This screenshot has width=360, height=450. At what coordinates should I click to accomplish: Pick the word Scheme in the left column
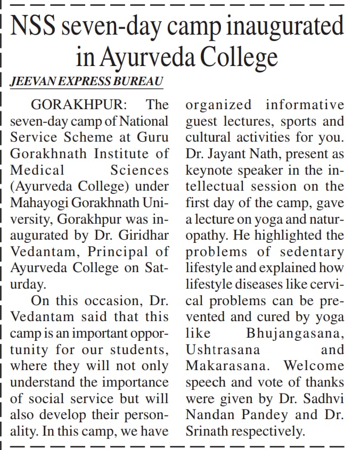click(88, 137)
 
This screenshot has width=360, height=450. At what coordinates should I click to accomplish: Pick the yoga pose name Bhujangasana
click(295, 333)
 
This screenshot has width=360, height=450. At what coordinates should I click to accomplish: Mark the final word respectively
click(271, 431)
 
